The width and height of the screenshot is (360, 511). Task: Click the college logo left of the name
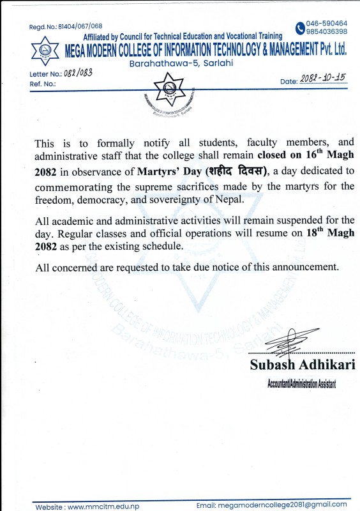pyautogui.click(x=44, y=50)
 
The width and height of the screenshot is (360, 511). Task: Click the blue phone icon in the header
pyautogui.click(x=301, y=27)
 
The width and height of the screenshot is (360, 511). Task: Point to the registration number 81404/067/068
pyautogui.click(x=75, y=26)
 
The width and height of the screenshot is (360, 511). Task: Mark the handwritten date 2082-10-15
pyautogui.click(x=322, y=78)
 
